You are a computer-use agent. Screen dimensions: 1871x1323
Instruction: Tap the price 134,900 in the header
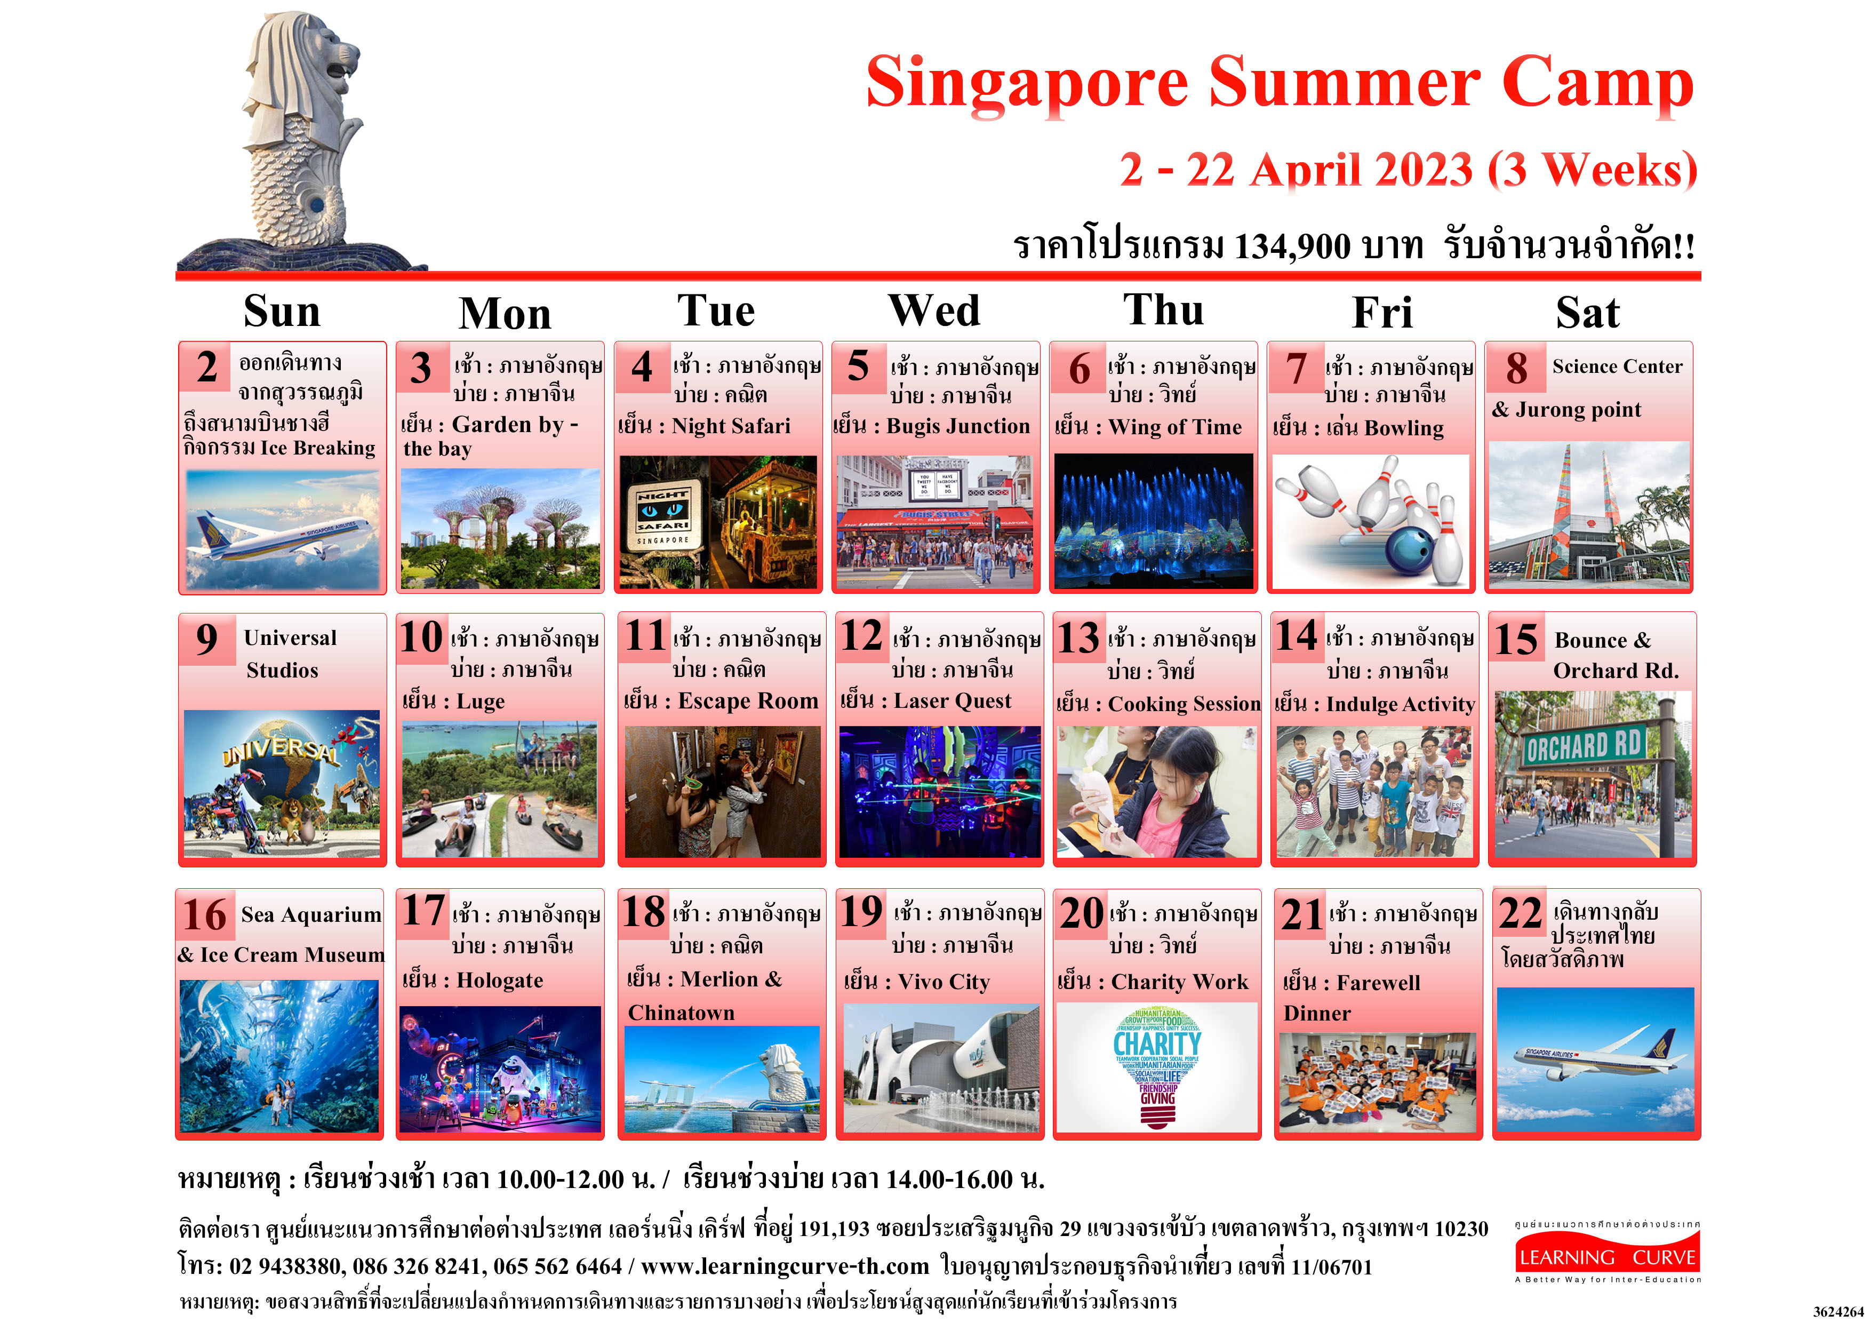[1292, 246]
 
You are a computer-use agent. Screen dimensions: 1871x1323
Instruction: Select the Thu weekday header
[1164, 310]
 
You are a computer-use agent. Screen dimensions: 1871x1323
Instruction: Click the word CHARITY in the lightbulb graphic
[1157, 1043]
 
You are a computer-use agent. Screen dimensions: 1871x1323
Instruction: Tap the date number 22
[1521, 913]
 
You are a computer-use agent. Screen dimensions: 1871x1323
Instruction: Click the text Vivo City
[944, 982]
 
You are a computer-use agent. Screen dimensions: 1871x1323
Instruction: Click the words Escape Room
[748, 701]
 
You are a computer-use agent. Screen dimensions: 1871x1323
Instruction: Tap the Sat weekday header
[1587, 312]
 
